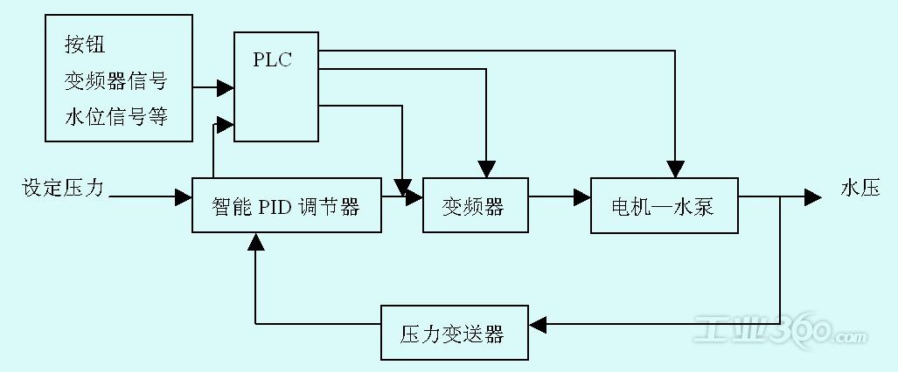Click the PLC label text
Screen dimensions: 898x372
pos(273,60)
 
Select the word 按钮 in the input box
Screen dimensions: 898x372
pos(86,45)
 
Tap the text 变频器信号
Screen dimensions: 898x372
pos(115,82)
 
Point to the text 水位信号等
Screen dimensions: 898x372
pos(115,117)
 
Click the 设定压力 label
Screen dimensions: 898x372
pos(63,189)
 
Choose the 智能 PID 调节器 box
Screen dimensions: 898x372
pos(286,205)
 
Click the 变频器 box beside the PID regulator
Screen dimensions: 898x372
pos(476,205)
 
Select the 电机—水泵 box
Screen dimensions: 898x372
pos(665,205)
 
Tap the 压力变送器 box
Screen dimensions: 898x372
pos(455,333)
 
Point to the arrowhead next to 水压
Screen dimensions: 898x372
pos(813,197)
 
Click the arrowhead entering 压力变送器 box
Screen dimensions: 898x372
pos(539,325)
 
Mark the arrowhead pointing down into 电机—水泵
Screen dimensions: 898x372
pos(676,169)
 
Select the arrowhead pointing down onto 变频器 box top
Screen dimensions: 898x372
pos(486,169)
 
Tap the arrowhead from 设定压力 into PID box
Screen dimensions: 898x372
pos(184,197)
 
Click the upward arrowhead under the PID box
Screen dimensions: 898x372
pos(256,242)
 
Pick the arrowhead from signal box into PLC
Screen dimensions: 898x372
pos(226,88)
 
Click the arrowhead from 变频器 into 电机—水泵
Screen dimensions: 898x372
pos(582,197)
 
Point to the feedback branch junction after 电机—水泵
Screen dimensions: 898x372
pos(781,197)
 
